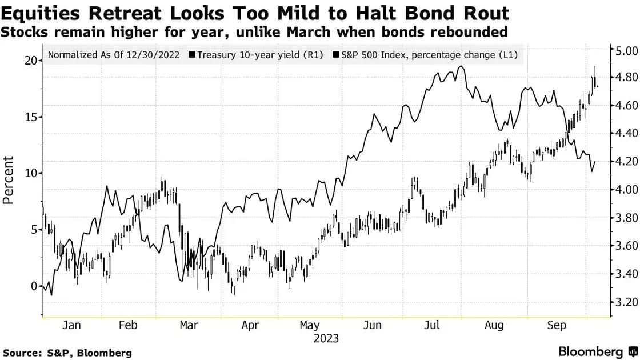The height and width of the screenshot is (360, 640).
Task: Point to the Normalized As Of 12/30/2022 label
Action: (x=114, y=55)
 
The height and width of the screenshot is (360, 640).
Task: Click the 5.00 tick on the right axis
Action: (x=625, y=51)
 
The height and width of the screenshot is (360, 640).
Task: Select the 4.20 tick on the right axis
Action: (x=625, y=162)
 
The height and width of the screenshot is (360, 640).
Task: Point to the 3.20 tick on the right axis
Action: (x=625, y=302)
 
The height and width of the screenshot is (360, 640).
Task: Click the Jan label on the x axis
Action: (x=71, y=325)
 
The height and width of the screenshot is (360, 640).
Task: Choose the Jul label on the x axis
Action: (x=431, y=325)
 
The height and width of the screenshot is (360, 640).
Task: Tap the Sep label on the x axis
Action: (x=557, y=325)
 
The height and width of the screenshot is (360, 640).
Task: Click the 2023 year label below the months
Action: (x=326, y=338)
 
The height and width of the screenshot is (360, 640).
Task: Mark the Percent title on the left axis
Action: (x=9, y=180)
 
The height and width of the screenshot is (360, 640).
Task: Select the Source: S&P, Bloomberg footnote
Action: (x=67, y=353)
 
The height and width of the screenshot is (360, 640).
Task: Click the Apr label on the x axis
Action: (x=250, y=325)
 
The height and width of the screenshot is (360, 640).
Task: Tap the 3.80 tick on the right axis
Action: (x=625, y=218)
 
